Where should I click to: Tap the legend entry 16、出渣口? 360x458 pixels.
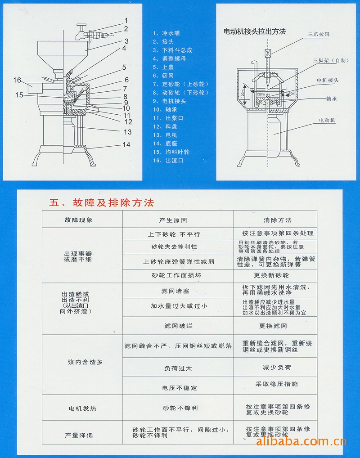tap(168, 161)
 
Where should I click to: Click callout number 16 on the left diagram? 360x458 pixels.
tap(17, 81)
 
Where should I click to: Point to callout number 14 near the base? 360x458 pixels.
tap(126, 144)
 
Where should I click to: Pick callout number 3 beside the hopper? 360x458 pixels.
tap(127, 41)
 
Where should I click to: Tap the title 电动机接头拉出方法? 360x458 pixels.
tap(255, 31)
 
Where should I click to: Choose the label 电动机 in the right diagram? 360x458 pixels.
tap(327, 121)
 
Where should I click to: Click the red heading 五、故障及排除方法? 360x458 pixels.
tap(102, 203)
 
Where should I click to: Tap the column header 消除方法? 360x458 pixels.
tap(277, 220)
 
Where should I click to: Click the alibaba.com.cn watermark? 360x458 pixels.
tap(301, 441)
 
